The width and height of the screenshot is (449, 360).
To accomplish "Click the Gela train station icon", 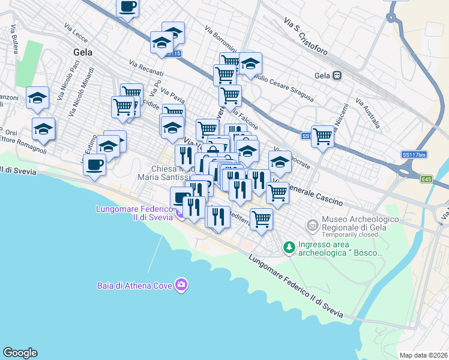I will [x=337, y=76].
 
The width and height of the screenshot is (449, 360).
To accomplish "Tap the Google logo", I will [x=20, y=353].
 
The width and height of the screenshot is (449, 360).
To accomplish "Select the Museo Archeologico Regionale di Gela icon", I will [x=312, y=226].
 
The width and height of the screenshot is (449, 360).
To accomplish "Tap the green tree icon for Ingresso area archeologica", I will [x=289, y=247].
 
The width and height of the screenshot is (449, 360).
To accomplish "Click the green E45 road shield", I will [x=427, y=179].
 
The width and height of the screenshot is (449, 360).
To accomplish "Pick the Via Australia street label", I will [x=368, y=113].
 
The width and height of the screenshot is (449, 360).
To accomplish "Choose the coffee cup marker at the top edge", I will [x=127, y=7].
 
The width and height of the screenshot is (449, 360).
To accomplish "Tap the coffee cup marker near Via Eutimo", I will [x=94, y=164].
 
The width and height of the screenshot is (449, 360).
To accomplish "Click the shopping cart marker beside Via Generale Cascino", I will [x=277, y=193].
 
